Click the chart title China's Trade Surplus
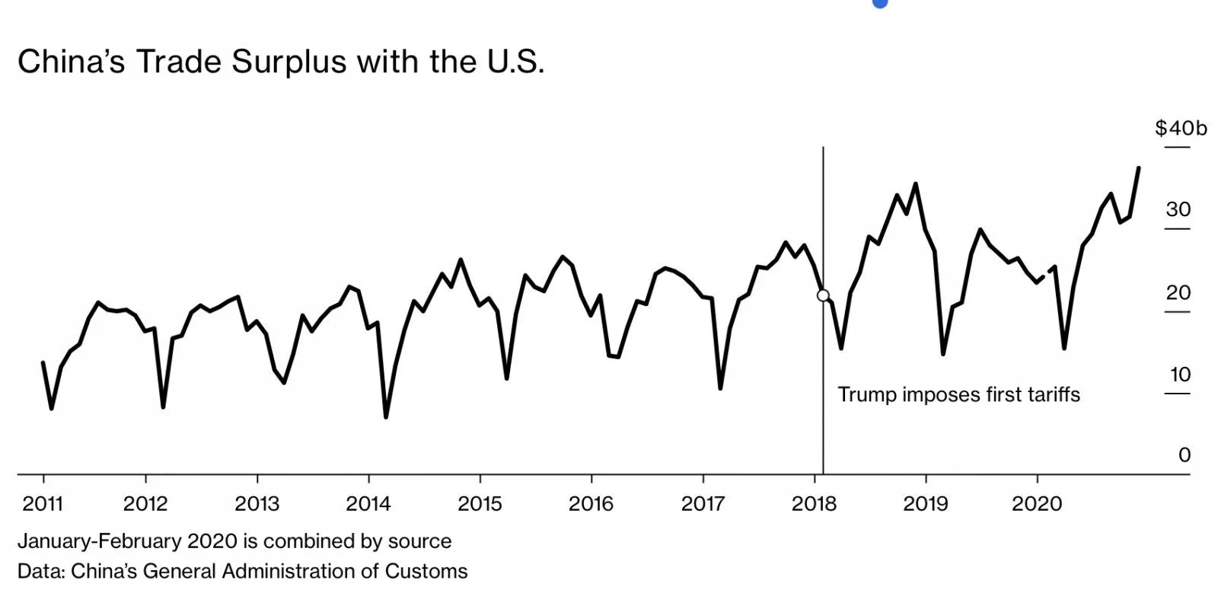tap(280, 62)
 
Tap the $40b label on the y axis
tap(1181, 128)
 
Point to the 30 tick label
tap(1178, 210)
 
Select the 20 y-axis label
tap(1178, 292)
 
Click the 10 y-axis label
tap(1180, 375)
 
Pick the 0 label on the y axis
tap(1184, 455)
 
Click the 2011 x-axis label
tap(43, 503)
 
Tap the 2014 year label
tap(368, 503)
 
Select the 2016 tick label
tap(591, 503)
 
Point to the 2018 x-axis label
tap(814, 503)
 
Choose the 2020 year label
tap(1037, 503)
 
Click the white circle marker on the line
tap(823, 295)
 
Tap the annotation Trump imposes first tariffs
tap(958, 394)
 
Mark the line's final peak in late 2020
tap(1138, 168)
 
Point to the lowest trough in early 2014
tap(386, 416)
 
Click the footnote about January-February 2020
tap(234, 541)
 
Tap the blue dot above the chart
tap(880, 2)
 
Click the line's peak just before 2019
tap(915, 184)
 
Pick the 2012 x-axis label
tap(145, 503)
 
